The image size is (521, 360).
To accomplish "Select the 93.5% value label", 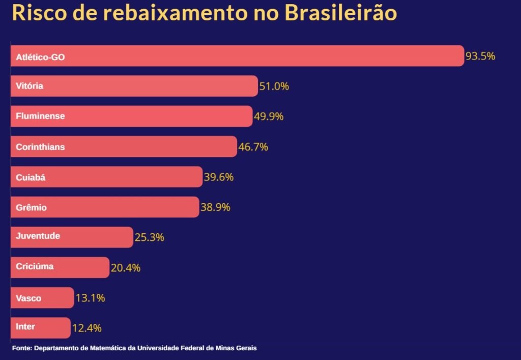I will tap(480, 56).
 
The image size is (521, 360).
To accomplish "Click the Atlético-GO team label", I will tap(40, 58).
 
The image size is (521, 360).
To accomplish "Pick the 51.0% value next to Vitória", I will tap(274, 87).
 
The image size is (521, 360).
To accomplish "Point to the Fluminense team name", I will tap(40, 116).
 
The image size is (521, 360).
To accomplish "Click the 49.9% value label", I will tap(269, 117).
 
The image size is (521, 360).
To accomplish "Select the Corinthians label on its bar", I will tap(40, 147).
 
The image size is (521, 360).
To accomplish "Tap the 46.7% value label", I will tap(253, 147).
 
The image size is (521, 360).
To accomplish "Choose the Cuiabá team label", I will tap(31, 178).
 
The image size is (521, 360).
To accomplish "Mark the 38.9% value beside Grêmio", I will tap(215, 207).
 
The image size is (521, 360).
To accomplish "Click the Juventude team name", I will tap(38, 236).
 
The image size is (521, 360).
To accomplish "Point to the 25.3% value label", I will tap(149, 237).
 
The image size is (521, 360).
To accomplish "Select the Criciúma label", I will tap(35, 266).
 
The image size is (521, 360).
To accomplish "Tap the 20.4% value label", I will tap(125, 268).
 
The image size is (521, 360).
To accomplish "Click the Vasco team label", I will tap(28, 298).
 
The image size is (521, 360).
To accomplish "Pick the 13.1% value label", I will tap(90, 298).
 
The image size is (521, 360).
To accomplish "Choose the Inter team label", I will tap(25, 326).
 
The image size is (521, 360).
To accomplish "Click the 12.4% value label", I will tap(86, 328).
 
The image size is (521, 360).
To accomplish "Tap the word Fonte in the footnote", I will tap(21, 348).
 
